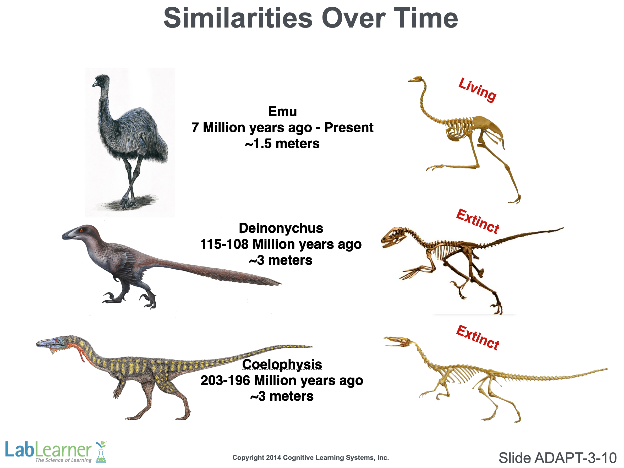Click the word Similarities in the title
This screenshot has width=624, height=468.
(x=238, y=18)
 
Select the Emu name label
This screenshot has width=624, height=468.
(x=282, y=111)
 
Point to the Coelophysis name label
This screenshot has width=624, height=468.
(x=282, y=364)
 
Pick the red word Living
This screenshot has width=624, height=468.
(x=477, y=90)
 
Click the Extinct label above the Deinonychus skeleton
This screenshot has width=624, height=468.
(x=478, y=221)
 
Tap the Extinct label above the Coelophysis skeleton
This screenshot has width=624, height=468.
(x=478, y=338)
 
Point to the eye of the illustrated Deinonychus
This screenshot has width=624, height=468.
(x=81, y=230)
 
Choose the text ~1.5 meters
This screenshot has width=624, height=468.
(x=282, y=144)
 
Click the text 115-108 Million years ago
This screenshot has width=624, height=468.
(x=281, y=244)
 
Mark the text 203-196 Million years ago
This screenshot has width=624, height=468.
(x=282, y=380)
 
